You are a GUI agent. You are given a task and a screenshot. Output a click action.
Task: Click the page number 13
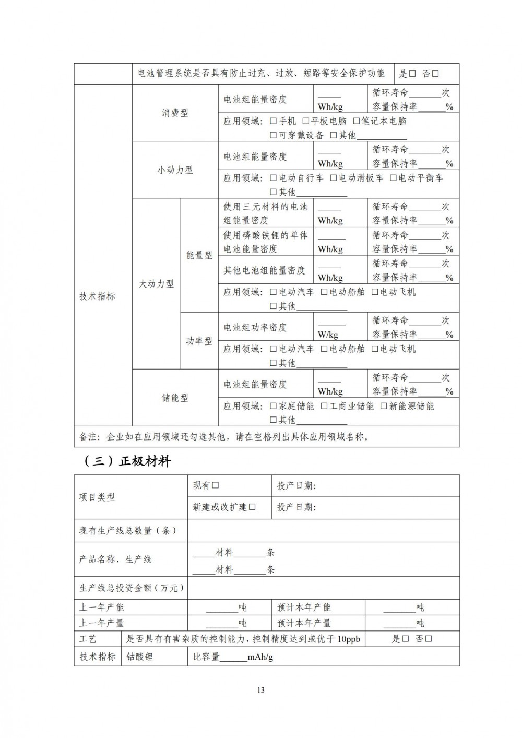pos(261,690)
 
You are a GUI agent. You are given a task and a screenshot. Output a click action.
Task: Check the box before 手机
pos(274,121)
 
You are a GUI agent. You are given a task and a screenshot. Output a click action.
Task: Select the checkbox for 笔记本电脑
pos(357,121)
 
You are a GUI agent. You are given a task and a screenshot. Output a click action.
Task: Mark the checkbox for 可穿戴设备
pos(274,135)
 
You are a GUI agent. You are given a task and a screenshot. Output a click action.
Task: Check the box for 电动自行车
pos(274,178)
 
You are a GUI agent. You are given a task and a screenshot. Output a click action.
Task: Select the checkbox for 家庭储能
pos(274,406)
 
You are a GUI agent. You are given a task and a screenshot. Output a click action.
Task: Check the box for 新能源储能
pos(384,406)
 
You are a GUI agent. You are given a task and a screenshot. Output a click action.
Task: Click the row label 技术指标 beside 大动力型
pos(97,296)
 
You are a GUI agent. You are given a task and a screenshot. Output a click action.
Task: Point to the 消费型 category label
pos(175,113)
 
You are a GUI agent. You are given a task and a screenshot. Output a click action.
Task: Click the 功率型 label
pos(199,341)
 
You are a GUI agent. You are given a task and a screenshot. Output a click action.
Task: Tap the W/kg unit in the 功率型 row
pos(328,335)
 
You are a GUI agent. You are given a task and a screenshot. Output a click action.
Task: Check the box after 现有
pos(215,485)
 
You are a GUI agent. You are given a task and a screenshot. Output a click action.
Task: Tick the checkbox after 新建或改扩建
pos(252,507)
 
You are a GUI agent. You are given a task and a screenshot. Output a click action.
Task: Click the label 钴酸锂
pos(140,657)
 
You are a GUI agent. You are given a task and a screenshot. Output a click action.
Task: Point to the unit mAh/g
pos(260,657)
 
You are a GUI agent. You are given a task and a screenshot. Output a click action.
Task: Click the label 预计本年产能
pos(304,608)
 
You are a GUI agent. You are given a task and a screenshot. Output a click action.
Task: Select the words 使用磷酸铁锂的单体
pos(266,235)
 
